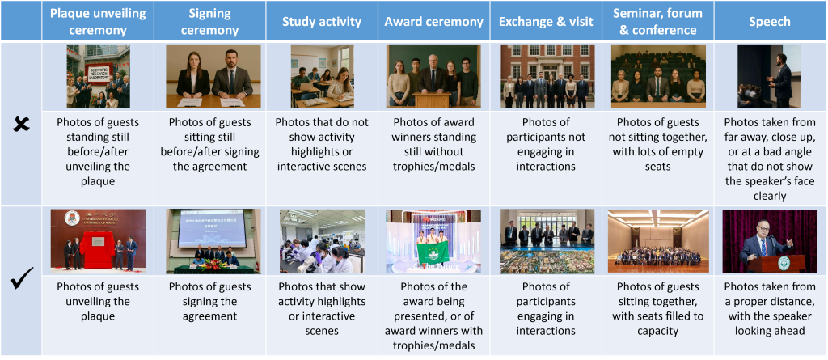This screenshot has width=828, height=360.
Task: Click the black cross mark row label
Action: pos(20,125)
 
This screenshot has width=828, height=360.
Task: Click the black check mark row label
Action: pos(22,278)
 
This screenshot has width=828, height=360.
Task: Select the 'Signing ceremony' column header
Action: pos(209,21)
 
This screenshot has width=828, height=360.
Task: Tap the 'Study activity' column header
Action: pos(322,21)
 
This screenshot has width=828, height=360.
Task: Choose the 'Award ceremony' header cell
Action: pos(433,21)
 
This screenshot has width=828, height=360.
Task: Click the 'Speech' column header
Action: pos(770,21)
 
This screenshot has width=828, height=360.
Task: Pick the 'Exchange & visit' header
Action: pos(546,21)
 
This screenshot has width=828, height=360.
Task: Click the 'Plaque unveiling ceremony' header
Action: pos(98,21)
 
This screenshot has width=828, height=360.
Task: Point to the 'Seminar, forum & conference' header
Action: pos(657,21)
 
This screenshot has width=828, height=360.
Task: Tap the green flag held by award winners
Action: pos(433,252)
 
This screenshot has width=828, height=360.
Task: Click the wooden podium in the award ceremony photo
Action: pos(433,100)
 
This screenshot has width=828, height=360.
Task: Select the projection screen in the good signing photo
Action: pos(213,228)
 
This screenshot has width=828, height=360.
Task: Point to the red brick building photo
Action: pos(546,77)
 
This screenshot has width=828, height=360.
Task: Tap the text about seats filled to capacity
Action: pos(657,309)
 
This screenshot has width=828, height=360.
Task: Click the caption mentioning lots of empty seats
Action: pos(657,144)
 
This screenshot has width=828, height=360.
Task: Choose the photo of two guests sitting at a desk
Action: pos(213,77)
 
